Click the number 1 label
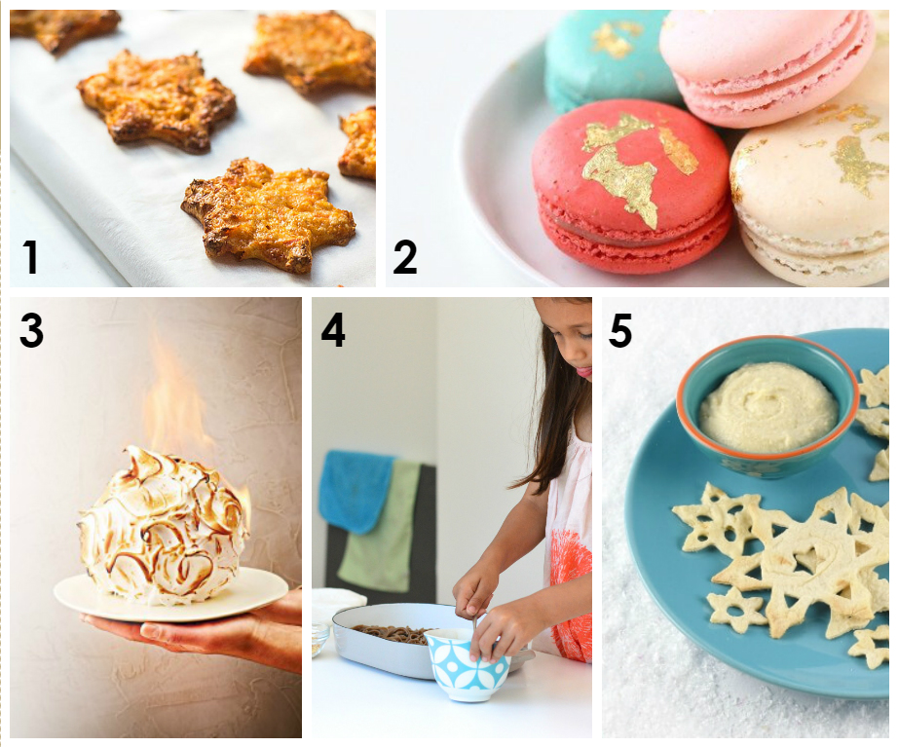click(30, 258)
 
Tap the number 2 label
click(405, 258)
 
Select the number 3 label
click(31, 330)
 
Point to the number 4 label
click(333, 330)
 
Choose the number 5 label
click(620, 330)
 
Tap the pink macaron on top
click(767, 66)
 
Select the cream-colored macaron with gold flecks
click(810, 195)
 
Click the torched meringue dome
click(164, 527)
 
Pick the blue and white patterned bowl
click(467, 664)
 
